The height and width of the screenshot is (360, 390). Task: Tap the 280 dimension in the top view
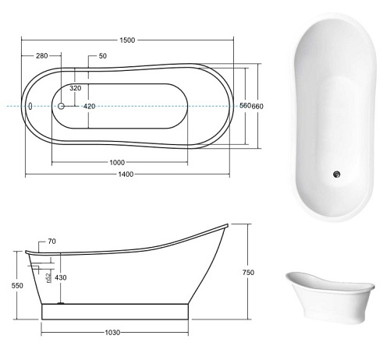tap(42, 56)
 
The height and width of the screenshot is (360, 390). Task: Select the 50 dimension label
tap(103, 56)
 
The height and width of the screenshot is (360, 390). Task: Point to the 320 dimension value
tap(76, 89)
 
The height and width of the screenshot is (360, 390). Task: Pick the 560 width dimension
tap(243, 106)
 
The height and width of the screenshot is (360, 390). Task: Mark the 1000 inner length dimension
tap(118, 162)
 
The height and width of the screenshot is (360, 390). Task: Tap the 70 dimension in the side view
tap(51, 242)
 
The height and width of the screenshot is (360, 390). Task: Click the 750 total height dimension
tap(248, 272)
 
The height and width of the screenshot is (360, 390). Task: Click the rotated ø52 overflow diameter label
tap(48, 277)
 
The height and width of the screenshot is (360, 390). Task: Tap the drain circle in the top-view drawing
tap(62, 105)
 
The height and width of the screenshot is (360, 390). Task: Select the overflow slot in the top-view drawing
tap(30, 105)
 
